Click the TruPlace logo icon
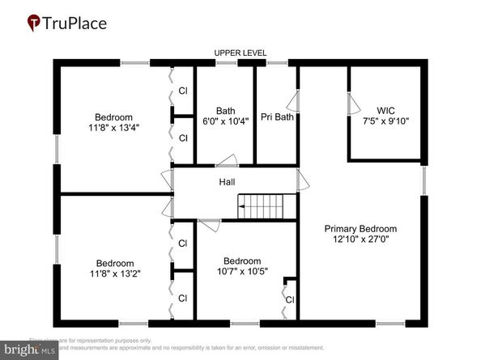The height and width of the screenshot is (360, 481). (x=34, y=22)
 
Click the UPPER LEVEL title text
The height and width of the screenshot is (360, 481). (x=240, y=53)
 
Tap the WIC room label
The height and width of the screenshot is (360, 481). (x=385, y=110)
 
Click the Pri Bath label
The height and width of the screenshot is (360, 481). (x=277, y=117)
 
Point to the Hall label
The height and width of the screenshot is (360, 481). (x=227, y=182)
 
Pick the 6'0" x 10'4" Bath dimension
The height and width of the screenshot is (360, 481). (x=225, y=123)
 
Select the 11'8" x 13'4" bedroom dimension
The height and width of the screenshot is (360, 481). (x=113, y=128)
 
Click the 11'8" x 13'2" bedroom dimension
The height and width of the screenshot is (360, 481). (x=113, y=273)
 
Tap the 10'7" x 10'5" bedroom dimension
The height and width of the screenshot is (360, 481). (x=242, y=272)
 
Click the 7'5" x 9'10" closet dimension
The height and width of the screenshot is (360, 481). (x=385, y=121)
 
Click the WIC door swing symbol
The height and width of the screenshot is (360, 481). (x=352, y=104)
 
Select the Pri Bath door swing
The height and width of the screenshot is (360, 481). (x=292, y=102)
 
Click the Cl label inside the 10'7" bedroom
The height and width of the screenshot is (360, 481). (x=289, y=299)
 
